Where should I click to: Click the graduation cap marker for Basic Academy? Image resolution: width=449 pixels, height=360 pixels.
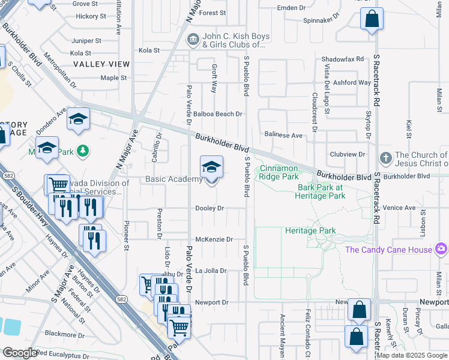(211, 167)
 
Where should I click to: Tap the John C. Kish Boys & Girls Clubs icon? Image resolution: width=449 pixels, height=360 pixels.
(193, 40)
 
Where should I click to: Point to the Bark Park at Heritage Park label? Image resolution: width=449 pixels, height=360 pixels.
(321, 191)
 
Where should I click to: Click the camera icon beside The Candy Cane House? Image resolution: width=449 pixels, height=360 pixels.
(441, 248)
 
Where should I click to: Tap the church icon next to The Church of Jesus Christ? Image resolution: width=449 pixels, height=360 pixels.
(386, 159)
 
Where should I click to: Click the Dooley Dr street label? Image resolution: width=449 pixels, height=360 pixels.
(209, 208)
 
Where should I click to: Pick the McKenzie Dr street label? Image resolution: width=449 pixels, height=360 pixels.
(214, 239)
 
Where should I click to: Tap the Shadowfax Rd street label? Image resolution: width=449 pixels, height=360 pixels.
(342, 59)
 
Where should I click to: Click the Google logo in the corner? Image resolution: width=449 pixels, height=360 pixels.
(20, 353)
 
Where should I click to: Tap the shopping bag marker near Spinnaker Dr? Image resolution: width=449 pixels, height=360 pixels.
(372, 19)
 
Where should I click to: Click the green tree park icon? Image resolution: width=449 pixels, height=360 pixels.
(85, 151)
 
